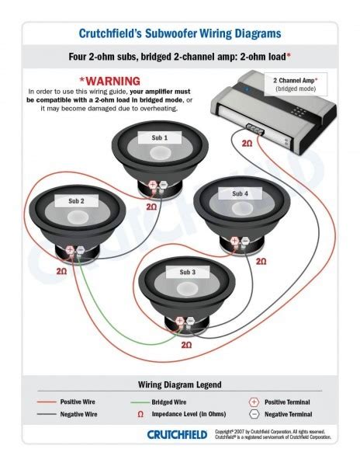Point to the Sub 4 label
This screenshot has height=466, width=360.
(x=241, y=193)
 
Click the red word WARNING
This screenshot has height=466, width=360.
(x=109, y=81)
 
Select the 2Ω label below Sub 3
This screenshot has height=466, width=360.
(x=185, y=343)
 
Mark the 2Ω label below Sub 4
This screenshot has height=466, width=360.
(x=261, y=262)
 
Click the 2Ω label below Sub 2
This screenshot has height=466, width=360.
(x=61, y=271)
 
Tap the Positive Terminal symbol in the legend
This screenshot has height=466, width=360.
(x=254, y=402)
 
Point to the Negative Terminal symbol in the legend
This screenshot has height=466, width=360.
(x=254, y=416)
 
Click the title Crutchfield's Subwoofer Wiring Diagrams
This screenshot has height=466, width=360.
(x=180, y=33)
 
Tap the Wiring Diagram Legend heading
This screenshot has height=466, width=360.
(x=179, y=384)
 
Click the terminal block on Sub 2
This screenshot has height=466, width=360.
(x=75, y=252)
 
